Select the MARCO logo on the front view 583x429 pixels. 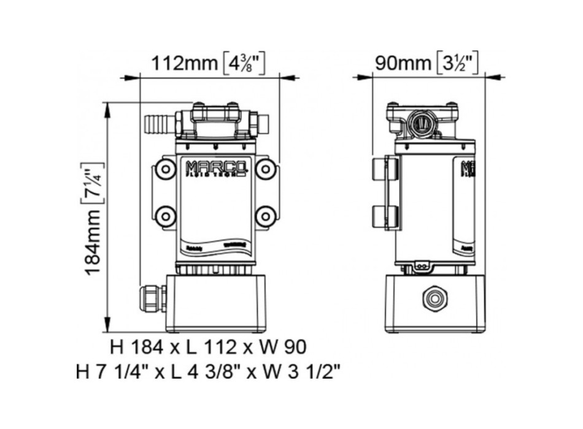point(215,167)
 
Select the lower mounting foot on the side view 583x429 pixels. point(385,215)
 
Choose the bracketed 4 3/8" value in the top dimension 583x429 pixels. point(243,63)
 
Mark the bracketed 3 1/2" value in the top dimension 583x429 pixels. point(457,63)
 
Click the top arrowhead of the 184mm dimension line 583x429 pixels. point(108,105)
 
